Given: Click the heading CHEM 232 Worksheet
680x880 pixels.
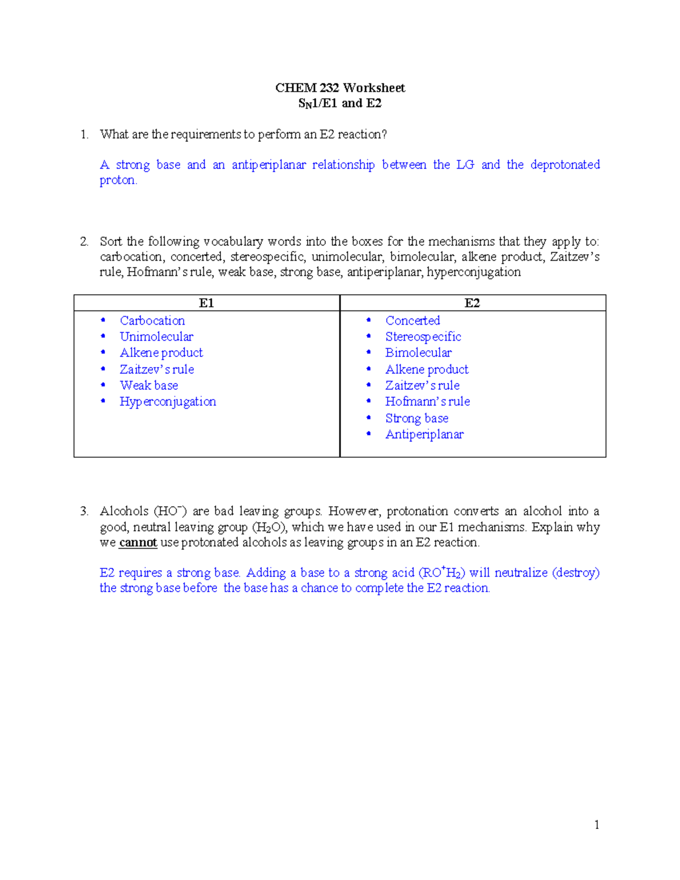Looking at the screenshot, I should [340, 88].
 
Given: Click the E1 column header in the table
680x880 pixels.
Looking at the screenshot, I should [206, 303].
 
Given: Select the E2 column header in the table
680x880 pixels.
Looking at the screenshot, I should [472, 303].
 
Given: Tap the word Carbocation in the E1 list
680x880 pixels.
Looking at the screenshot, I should [152, 321].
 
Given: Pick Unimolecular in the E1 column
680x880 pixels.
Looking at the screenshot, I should [156, 337].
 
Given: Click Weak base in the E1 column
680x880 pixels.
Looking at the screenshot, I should [149, 385].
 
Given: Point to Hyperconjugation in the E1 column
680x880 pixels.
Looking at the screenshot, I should [168, 402].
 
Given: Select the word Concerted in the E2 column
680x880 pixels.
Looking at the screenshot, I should [413, 321].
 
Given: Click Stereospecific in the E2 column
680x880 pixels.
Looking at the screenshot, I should [423, 337].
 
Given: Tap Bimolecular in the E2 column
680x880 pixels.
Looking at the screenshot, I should [418, 352].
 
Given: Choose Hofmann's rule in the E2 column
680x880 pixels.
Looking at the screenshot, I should [427, 402].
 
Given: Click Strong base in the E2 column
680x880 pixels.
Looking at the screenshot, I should [416, 418].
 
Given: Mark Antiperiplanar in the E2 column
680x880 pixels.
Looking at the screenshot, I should [424, 435].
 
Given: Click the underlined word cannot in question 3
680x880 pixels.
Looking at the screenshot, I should [138, 543].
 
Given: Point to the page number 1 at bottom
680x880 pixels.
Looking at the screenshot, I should [597, 825].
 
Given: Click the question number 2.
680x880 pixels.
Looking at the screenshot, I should [84, 242].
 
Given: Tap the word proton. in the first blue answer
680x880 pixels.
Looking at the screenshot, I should [118, 180].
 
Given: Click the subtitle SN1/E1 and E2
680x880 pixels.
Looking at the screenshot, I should [340, 103].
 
